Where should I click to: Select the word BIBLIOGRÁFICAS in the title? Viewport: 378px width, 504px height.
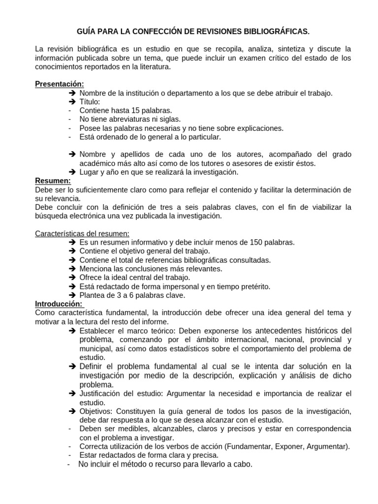pyautogui.click(x=275, y=31)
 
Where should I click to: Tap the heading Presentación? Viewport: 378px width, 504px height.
pyautogui.click(x=60, y=84)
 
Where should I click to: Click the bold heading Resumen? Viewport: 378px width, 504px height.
pyautogui.click(x=53, y=181)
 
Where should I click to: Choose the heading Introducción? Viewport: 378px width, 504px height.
pyautogui.click(x=59, y=304)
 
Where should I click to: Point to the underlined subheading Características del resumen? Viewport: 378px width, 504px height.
pyautogui.click(x=82, y=233)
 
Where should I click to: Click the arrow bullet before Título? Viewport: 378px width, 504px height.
pyautogui.click(x=72, y=102)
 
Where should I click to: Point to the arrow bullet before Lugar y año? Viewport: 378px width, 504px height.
pyautogui.click(x=72, y=172)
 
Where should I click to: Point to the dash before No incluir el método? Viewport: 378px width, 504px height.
pyautogui.click(x=69, y=464)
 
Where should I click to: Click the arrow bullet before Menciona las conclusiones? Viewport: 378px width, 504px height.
pyautogui.click(x=72, y=269)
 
